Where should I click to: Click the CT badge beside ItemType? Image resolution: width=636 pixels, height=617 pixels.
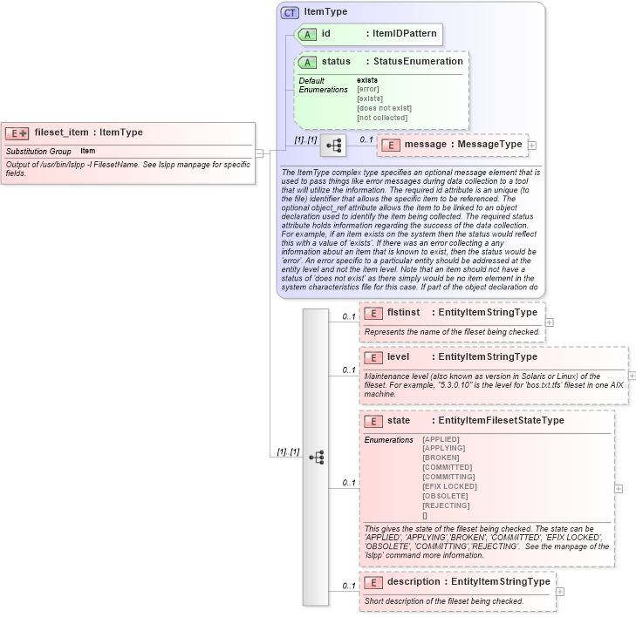coord(290,12)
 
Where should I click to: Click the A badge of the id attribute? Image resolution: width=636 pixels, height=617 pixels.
coord(307,34)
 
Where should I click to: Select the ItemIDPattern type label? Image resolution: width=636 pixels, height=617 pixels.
coord(405,34)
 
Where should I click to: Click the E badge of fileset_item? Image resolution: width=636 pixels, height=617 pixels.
coord(17,133)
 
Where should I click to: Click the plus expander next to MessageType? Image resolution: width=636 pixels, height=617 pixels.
coord(532,145)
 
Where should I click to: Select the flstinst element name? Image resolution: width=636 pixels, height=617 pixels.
coord(404,312)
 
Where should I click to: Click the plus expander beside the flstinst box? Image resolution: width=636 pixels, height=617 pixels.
coord(549,322)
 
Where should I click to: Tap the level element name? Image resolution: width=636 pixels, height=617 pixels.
coord(399,356)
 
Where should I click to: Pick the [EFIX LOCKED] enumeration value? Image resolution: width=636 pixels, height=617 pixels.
coord(448,486)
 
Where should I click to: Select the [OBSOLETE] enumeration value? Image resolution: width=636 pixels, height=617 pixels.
coord(445,496)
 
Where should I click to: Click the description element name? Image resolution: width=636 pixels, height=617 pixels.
coord(414,581)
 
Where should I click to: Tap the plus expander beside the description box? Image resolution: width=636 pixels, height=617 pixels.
coord(560,592)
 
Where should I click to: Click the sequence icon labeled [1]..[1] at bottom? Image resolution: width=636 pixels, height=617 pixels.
coord(316,457)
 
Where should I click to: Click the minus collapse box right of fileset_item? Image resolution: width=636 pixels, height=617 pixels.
coord(259,153)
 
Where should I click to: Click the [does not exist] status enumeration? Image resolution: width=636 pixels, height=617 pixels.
coord(383,107)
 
